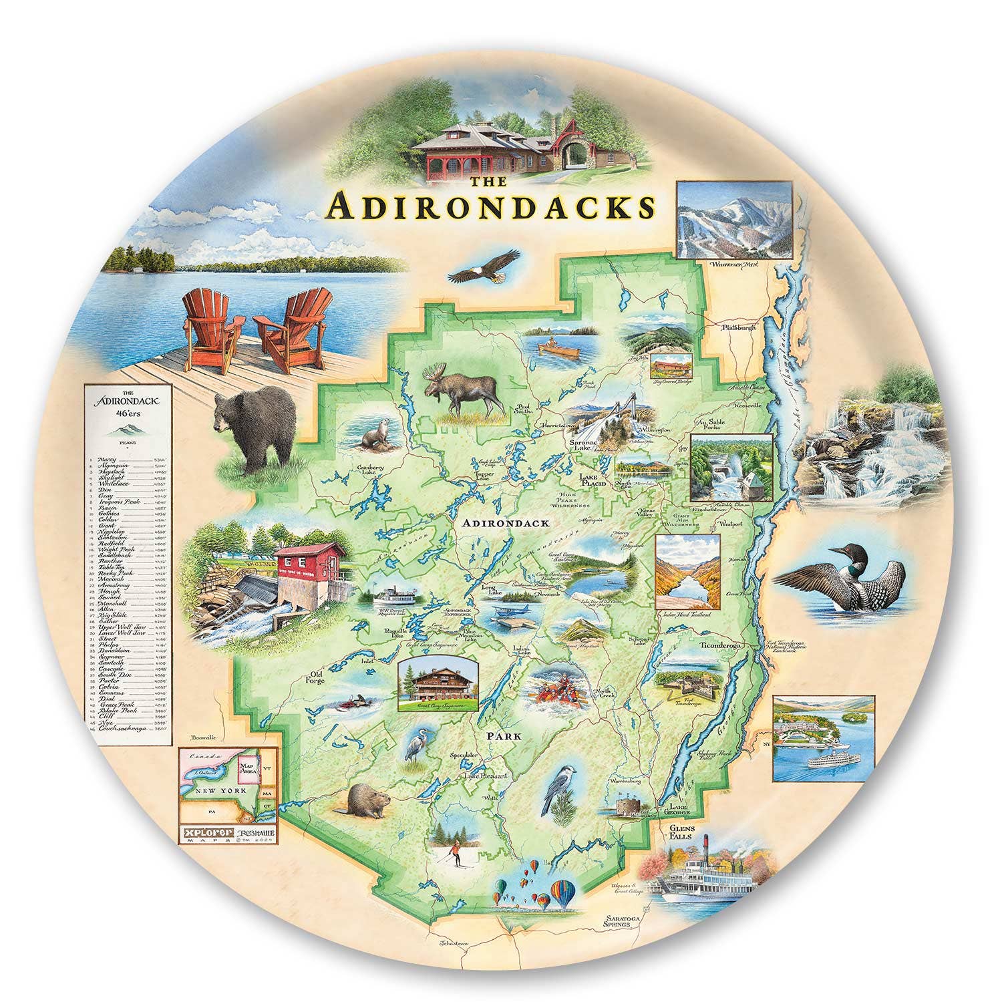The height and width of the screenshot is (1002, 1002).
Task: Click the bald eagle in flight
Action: click(x=484, y=267)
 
